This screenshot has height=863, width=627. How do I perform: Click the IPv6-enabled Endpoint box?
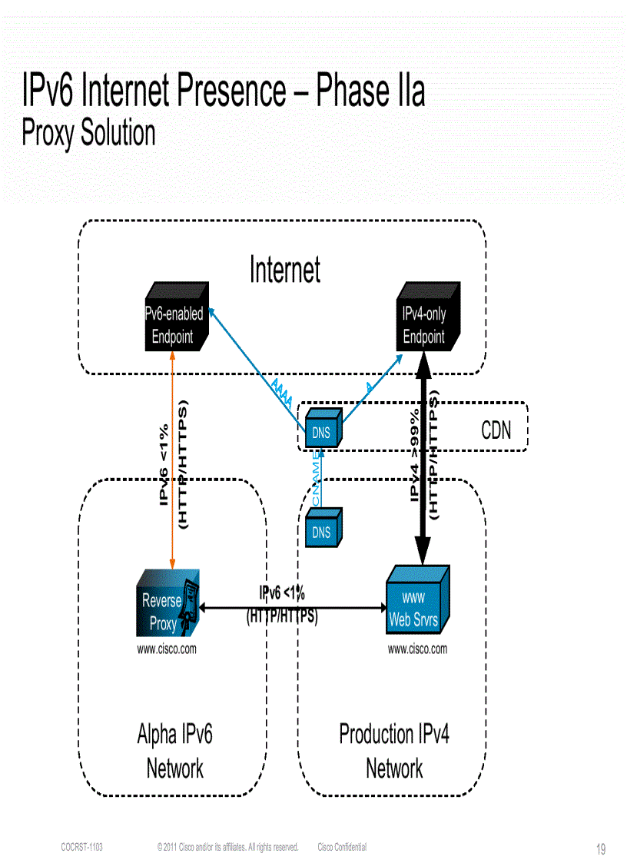[x=175, y=324]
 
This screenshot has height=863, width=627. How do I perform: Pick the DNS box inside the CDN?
[x=323, y=432]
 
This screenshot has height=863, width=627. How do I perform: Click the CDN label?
[x=496, y=430]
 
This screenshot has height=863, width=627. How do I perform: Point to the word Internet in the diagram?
[x=284, y=270]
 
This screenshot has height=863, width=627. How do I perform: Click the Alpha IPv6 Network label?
[x=174, y=750]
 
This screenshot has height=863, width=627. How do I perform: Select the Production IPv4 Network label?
[x=393, y=750]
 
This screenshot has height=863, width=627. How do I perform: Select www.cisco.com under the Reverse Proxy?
[x=167, y=649]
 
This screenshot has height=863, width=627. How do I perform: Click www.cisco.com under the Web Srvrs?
[x=417, y=649]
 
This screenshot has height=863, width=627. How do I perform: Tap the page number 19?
[x=601, y=849]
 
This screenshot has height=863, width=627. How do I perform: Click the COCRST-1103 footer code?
[x=82, y=847]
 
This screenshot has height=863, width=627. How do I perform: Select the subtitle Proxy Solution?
[x=88, y=133]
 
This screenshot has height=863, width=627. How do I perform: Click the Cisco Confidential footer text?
[x=342, y=847]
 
